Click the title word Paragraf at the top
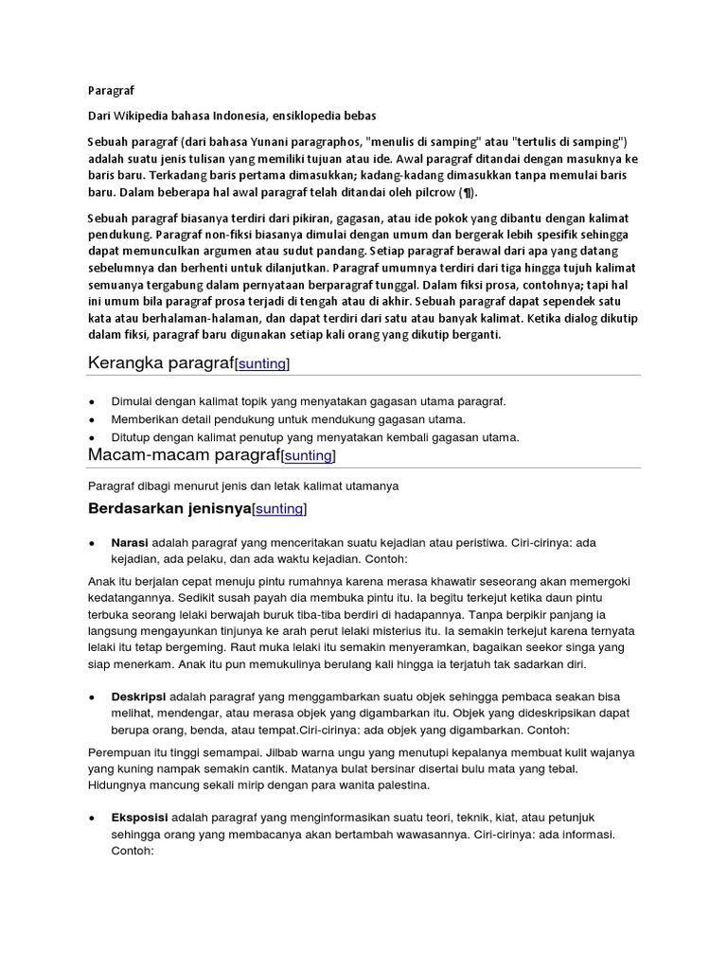click(x=112, y=91)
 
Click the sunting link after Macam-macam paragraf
click(x=309, y=456)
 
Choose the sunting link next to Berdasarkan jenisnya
click(x=279, y=509)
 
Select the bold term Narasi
click(x=131, y=543)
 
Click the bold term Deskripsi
click(x=139, y=696)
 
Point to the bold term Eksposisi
click(x=140, y=817)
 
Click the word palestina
click(x=402, y=784)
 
